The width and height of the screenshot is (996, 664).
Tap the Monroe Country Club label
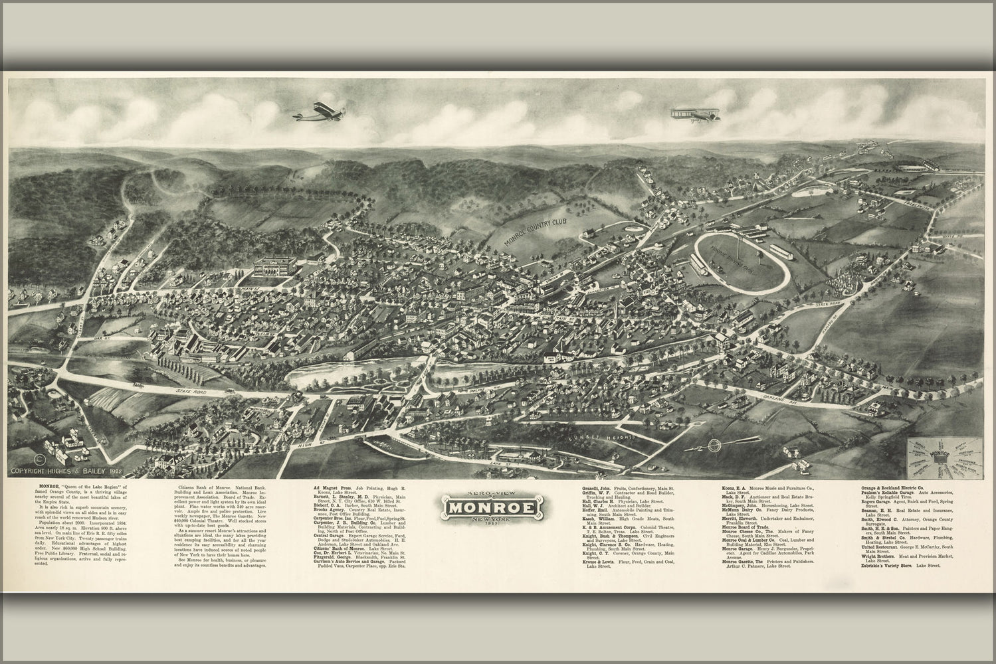click(x=536, y=229)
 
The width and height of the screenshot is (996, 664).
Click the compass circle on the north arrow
click(x=714, y=445)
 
